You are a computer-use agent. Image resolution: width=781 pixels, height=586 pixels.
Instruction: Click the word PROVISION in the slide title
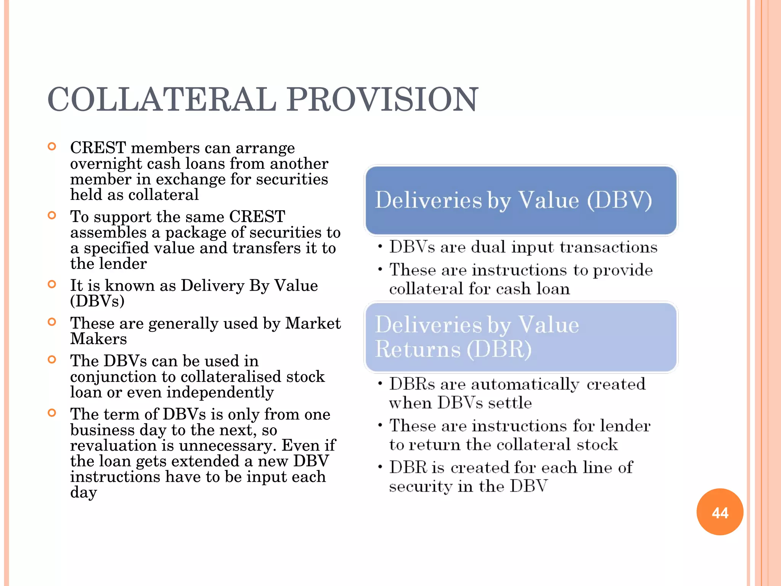tap(382, 100)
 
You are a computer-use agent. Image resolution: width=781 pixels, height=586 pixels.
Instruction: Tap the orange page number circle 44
tap(720, 512)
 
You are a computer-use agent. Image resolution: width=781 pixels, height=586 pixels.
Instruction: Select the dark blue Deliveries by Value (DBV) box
tap(521, 201)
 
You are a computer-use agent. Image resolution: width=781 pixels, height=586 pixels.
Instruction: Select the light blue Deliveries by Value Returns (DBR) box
tap(521, 337)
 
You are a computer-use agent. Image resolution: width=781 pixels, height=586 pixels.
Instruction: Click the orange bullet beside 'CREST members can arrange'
tap(52, 146)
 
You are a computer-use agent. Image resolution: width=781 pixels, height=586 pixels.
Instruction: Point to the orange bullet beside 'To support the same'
tap(52, 216)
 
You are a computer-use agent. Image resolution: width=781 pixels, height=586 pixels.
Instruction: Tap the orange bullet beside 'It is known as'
tap(52, 284)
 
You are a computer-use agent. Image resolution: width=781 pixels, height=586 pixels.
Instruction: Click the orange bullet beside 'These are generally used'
tap(52, 322)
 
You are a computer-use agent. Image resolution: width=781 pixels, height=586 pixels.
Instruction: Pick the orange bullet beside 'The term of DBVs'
tap(52, 413)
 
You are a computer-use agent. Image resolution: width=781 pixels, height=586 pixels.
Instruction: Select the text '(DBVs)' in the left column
tap(97, 301)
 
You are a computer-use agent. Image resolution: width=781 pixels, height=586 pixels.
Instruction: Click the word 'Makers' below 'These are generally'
tap(98, 339)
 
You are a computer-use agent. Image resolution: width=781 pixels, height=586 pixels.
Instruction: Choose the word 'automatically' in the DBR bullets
tap(525, 385)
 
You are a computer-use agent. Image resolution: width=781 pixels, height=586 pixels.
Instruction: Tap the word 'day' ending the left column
tap(84, 493)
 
